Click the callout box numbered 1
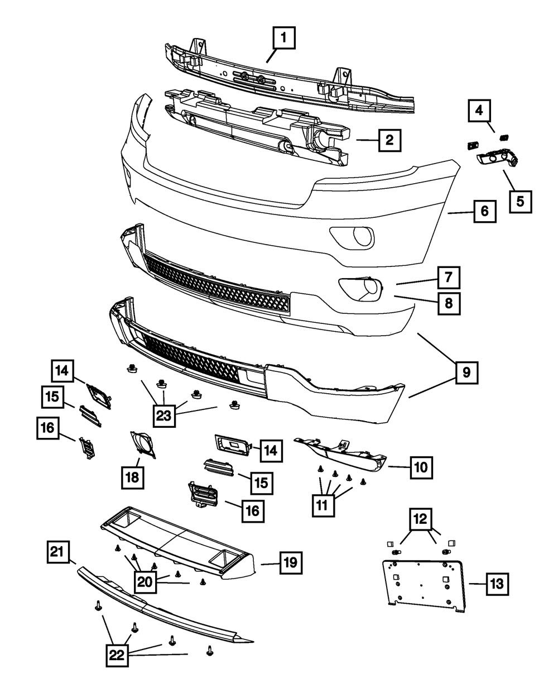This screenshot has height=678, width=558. (283, 40)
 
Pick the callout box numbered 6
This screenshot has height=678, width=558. (484, 212)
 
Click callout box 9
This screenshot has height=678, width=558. (466, 371)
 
